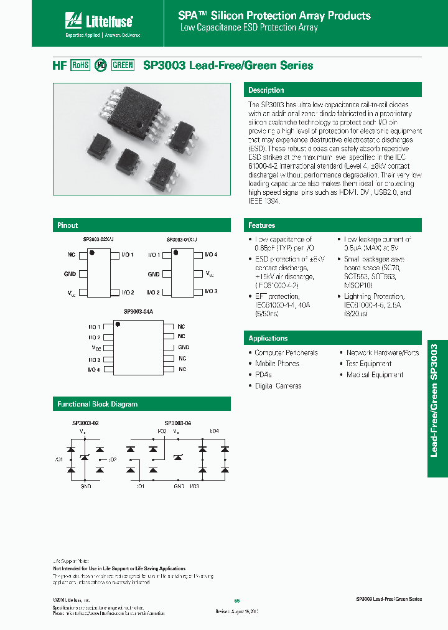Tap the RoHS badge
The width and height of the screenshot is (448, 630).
(80, 65)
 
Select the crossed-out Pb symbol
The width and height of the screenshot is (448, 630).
(101, 65)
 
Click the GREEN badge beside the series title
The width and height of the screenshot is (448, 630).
(123, 65)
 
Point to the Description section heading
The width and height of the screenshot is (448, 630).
(266, 90)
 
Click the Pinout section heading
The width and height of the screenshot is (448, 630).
(68, 225)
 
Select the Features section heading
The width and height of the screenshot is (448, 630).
(261, 225)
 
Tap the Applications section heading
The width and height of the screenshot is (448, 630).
(268, 338)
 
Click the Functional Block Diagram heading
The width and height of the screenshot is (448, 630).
(97, 404)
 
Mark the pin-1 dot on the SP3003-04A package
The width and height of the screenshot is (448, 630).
(118, 324)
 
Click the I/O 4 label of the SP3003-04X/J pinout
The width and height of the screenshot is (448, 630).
(212, 255)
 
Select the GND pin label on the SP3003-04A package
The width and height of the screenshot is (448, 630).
(184, 347)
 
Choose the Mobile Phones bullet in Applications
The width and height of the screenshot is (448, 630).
(277, 364)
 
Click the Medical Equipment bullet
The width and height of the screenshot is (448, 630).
(375, 375)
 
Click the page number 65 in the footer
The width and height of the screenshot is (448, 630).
(236, 600)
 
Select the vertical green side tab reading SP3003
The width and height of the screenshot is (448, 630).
(437, 408)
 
